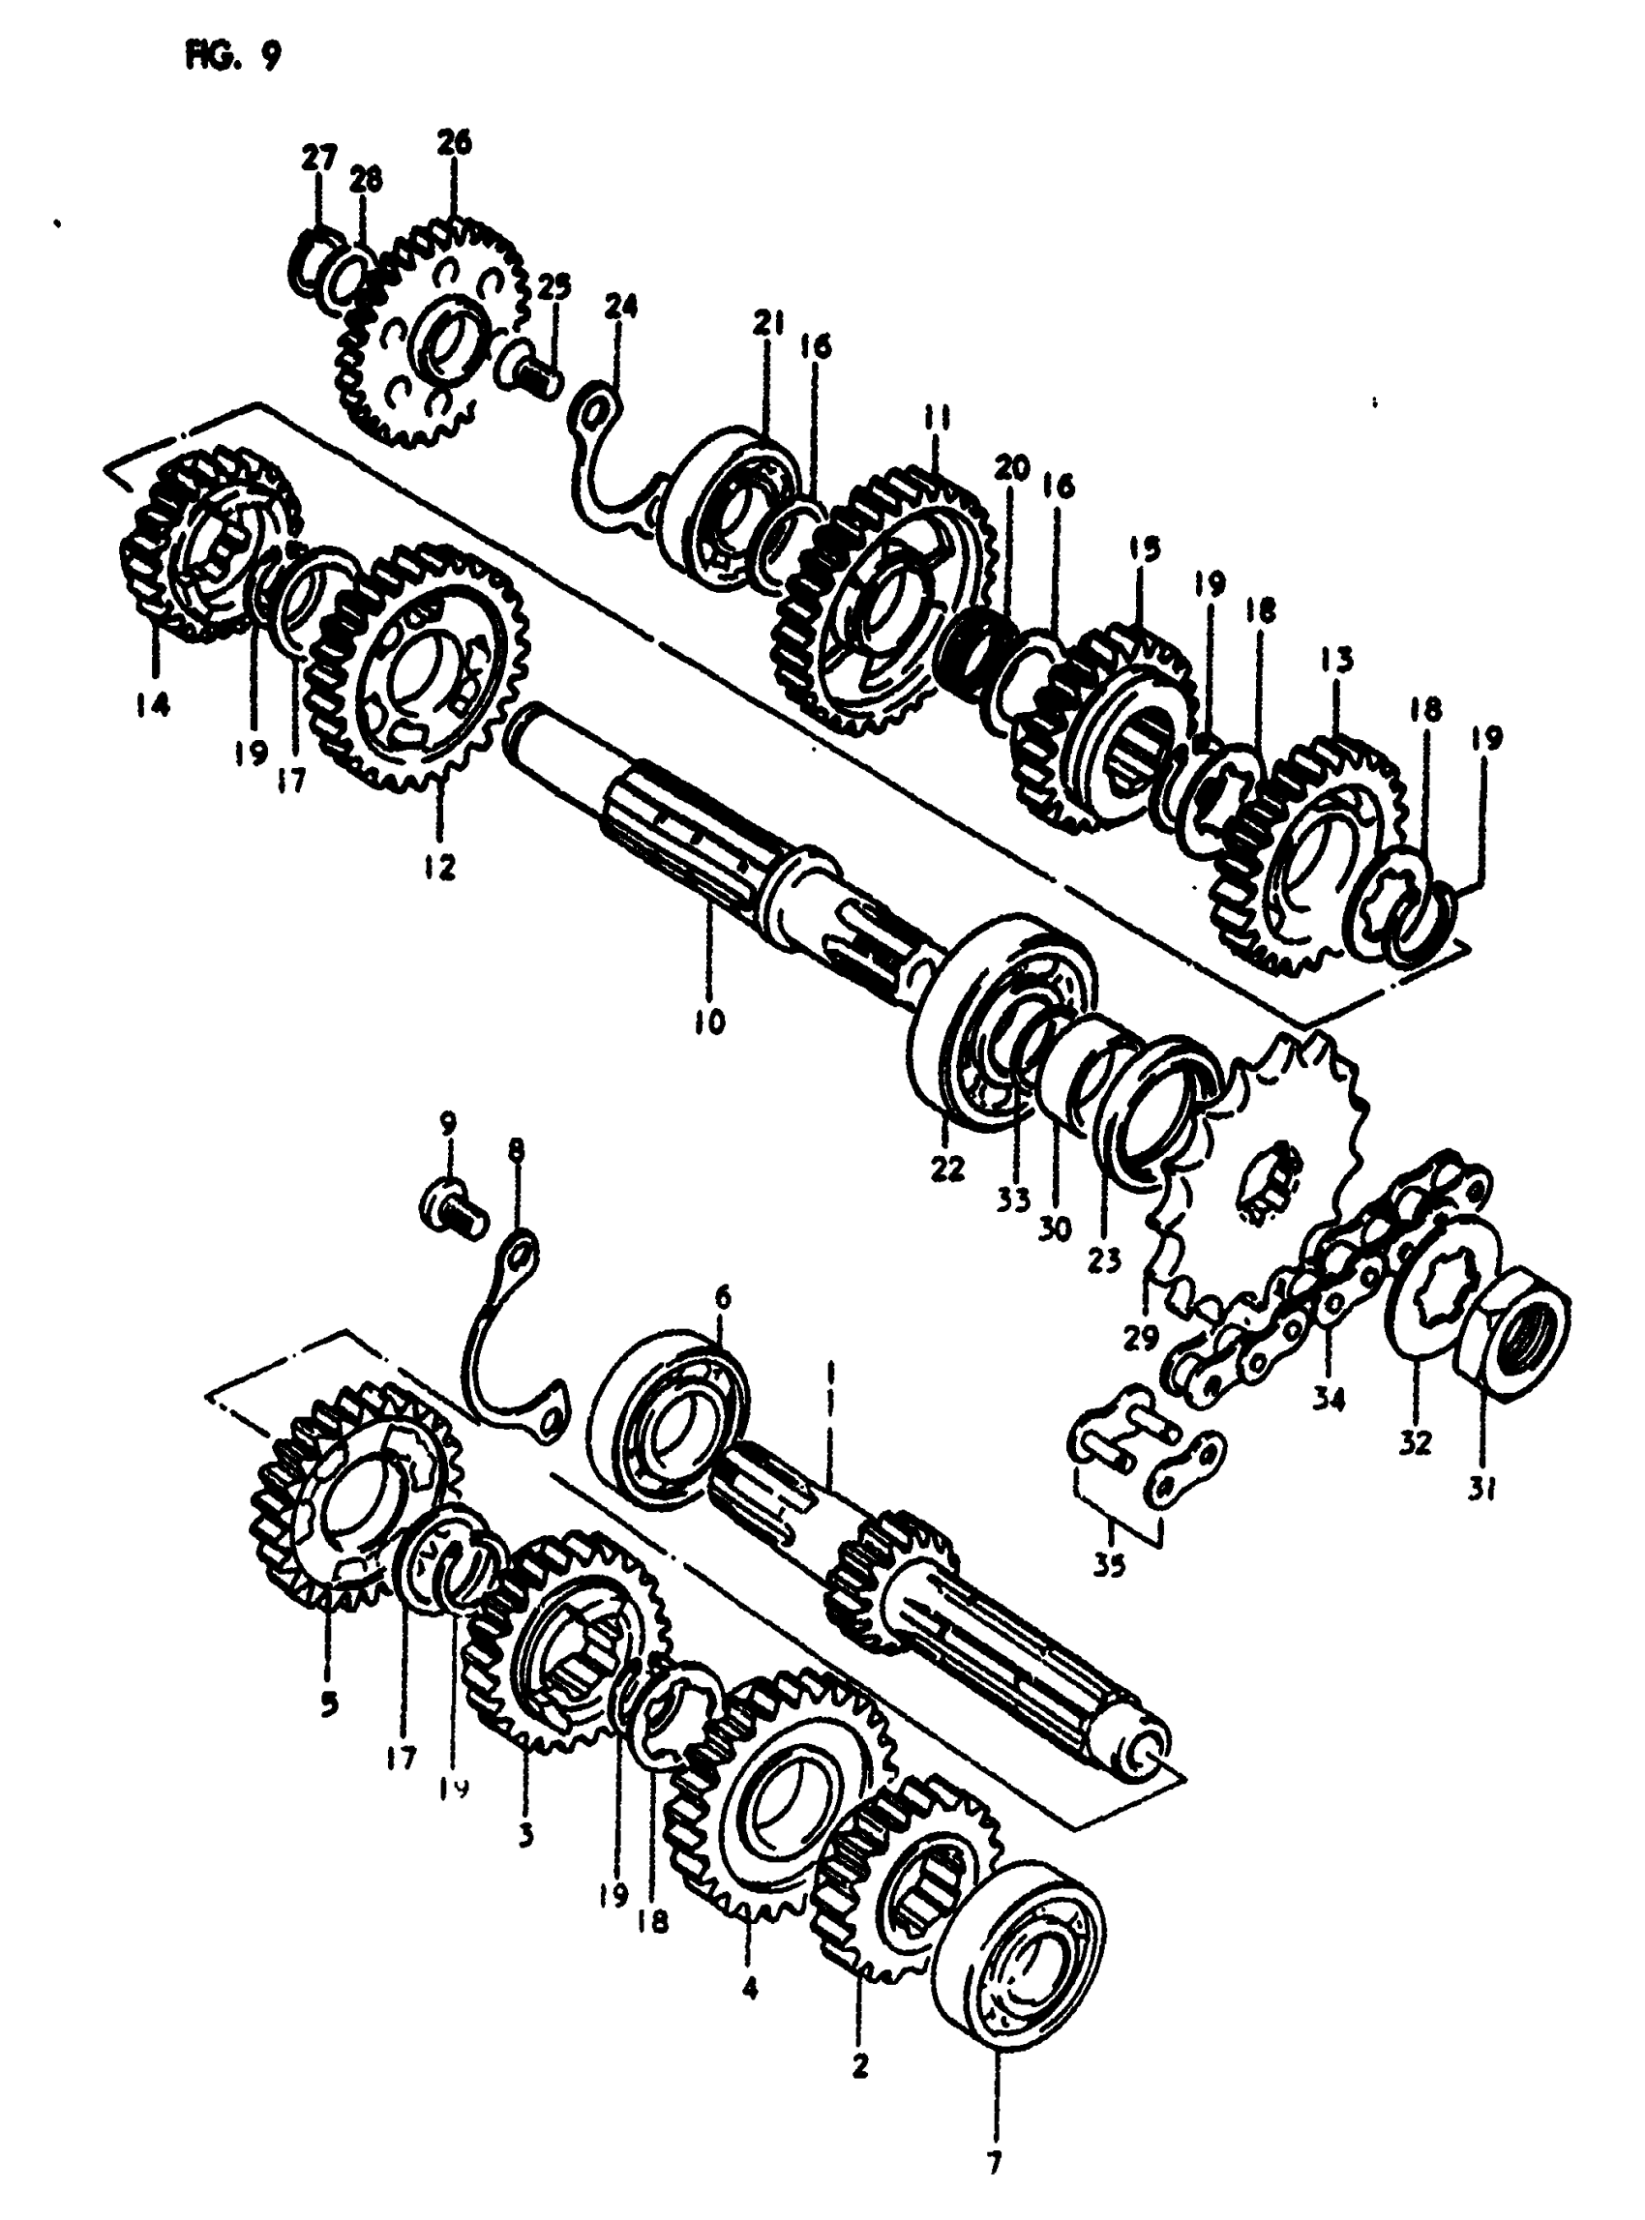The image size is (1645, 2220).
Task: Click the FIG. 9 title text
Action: click(x=232, y=58)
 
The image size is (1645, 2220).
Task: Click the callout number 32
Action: click(x=1415, y=1440)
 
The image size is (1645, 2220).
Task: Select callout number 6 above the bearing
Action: click(x=722, y=1296)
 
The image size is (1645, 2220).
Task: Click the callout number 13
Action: click(x=1337, y=659)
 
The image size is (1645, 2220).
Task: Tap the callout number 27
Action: click(x=319, y=160)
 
